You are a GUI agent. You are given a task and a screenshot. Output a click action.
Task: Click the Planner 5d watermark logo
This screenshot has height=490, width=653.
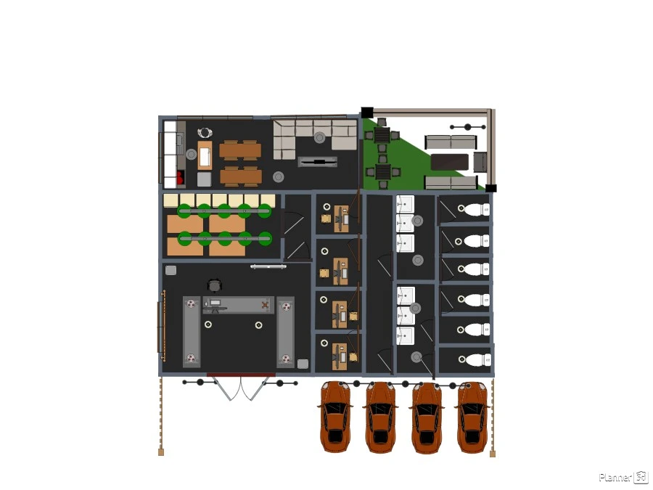623,477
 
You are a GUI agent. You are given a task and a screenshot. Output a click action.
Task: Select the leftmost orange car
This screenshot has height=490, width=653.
335,417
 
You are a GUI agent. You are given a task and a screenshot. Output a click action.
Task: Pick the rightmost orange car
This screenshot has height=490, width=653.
472,417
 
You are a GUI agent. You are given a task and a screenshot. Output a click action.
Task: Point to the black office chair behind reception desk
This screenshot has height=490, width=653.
214,285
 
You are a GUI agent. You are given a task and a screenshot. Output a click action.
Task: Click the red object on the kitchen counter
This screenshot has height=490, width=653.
181,177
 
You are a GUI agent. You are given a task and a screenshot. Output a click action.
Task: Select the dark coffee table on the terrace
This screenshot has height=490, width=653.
449,162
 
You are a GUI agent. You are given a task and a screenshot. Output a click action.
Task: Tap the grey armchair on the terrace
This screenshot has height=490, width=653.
480,162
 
